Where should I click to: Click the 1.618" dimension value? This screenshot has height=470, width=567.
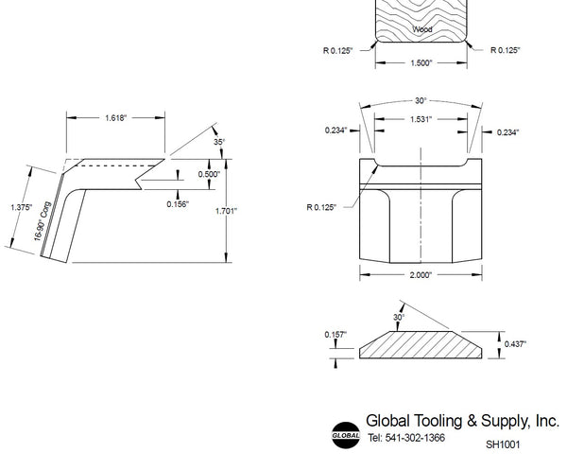pos(115,118)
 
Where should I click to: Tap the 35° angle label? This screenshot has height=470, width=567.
pos(219,142)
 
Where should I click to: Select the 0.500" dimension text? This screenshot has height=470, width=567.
pos(209,174)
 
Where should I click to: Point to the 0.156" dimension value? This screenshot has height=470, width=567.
pos(178,204)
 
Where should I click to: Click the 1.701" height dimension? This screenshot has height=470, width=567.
pos(226,211)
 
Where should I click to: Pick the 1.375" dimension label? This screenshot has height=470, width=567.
pos(22,207)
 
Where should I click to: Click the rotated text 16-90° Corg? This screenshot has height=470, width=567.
pos(43,221)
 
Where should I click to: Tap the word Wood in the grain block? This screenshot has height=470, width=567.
pos(422,29)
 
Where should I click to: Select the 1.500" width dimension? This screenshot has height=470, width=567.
pos(421,63)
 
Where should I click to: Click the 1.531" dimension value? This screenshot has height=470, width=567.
pos(421,119)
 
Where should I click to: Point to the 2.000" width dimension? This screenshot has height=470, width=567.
pos(421,275)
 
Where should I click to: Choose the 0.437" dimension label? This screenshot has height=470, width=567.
pos(515,343)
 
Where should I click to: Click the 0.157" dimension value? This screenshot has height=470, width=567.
pos(335,335)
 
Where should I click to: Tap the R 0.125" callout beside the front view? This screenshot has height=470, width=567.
pos(321,207)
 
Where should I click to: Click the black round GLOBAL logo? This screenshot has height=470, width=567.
pos(346,435)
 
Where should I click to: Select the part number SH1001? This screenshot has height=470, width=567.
pos(503,444)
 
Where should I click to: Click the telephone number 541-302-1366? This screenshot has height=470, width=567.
pos(415,438)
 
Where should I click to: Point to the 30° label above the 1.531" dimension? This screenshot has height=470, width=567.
pos(421,100)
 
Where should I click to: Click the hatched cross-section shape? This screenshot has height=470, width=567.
pos(421,345)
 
